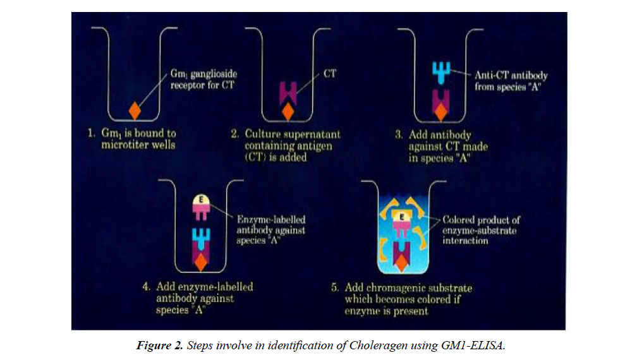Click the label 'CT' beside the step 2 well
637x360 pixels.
click(x=329, y=74)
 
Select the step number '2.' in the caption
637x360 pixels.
click(x=234, y=133)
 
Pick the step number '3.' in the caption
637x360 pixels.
click(x=397, y=135)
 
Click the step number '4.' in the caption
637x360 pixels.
click(x=146, y=287)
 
